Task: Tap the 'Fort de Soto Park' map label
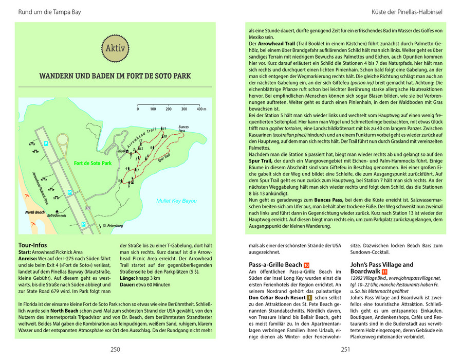click(93, 164)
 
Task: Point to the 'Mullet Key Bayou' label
click(176, 201)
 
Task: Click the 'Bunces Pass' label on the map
click(183, 129)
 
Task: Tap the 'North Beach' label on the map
click(34, 211)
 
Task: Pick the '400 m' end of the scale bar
click(200, 110)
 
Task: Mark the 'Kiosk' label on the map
click(122, 152)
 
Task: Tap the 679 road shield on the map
click(88, 208)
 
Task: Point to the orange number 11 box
click(384, 272)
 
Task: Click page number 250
click(115, 350)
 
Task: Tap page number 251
click(345, 350)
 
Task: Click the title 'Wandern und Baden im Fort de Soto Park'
click(115, 76)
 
